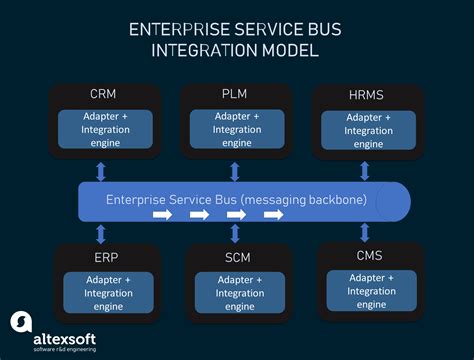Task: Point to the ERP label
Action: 104,257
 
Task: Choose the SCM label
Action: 236,257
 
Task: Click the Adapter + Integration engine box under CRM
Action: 104,130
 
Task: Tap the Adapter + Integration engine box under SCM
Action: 236,292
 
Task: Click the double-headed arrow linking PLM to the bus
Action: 235,171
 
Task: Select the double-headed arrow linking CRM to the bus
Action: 100,171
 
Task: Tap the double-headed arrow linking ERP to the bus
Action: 100,234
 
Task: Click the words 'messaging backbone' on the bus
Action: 309,199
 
